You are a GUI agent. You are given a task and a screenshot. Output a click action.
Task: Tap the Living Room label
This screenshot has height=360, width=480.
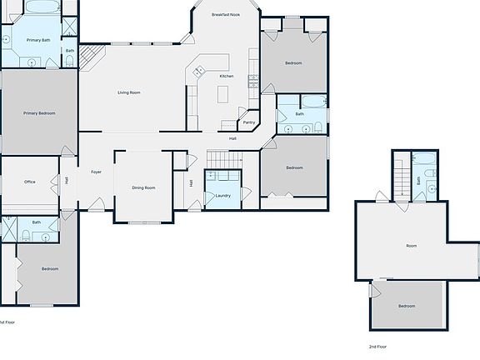pos(128,92)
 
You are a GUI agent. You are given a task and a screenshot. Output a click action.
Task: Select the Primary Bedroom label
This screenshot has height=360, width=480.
pos(39,112)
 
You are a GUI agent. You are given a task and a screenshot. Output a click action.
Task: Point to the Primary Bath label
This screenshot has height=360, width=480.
pos(38,40)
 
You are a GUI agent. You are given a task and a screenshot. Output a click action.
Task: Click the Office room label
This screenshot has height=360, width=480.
pos(29,182)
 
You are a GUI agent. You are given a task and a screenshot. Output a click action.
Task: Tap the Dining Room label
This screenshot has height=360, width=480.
pos(143,187)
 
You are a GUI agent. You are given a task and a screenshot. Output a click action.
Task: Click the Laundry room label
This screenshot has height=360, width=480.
pos(222,196)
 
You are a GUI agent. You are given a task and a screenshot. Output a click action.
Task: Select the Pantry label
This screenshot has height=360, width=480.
pos(249,122)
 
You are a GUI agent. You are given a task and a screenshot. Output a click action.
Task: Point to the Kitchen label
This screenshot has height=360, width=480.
pos(227,76)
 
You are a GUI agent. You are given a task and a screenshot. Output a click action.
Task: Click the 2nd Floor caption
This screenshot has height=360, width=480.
pos(377,346)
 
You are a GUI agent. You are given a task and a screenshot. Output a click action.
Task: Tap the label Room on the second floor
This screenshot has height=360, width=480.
pos(411,246)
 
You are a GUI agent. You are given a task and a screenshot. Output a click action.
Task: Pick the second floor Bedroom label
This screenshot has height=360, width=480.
pos(406,307)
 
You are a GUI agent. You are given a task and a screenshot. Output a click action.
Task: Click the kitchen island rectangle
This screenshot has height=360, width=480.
pos(222,94)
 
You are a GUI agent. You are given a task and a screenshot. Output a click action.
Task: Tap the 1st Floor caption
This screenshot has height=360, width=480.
pos(7,322)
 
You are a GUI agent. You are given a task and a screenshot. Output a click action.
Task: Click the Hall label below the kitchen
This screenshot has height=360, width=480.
pos(233,138)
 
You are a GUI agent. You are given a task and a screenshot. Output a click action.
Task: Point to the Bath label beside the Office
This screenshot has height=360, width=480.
pos(37,222)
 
